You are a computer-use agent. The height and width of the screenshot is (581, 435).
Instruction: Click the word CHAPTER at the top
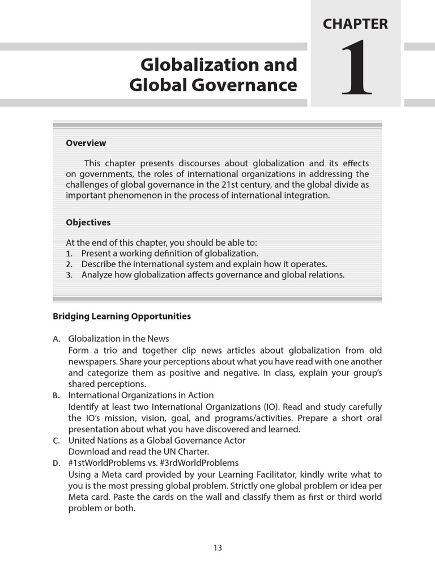coord(355,24)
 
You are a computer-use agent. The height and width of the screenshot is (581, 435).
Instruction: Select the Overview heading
coord(86,143)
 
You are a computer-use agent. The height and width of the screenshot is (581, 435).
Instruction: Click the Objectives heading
coord(88,222)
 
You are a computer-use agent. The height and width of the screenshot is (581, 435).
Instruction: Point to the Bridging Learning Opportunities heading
coord(122,316)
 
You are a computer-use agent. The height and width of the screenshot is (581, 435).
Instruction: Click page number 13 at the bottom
coord(217,548)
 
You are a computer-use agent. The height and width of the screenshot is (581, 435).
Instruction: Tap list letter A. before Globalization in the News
coord(57,339)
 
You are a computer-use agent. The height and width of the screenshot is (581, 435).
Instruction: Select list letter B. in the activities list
coord(57,395)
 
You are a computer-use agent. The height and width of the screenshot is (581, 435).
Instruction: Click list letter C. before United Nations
coord(57,441)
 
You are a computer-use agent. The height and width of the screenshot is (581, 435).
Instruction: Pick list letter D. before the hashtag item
coord(57,464)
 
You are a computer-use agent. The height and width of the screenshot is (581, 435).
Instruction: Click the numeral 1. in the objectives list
coord(70,254)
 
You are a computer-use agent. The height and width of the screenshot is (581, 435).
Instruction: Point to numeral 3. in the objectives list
coord(70,275)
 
